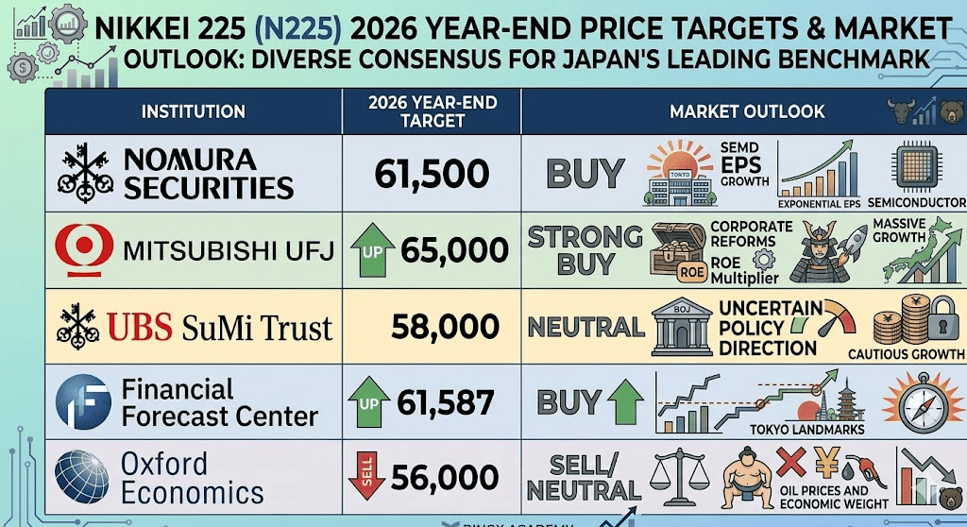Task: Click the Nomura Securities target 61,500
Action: [432, 173]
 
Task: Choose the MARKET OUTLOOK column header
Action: [746, 112]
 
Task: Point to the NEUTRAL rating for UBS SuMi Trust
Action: [585, 328]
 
